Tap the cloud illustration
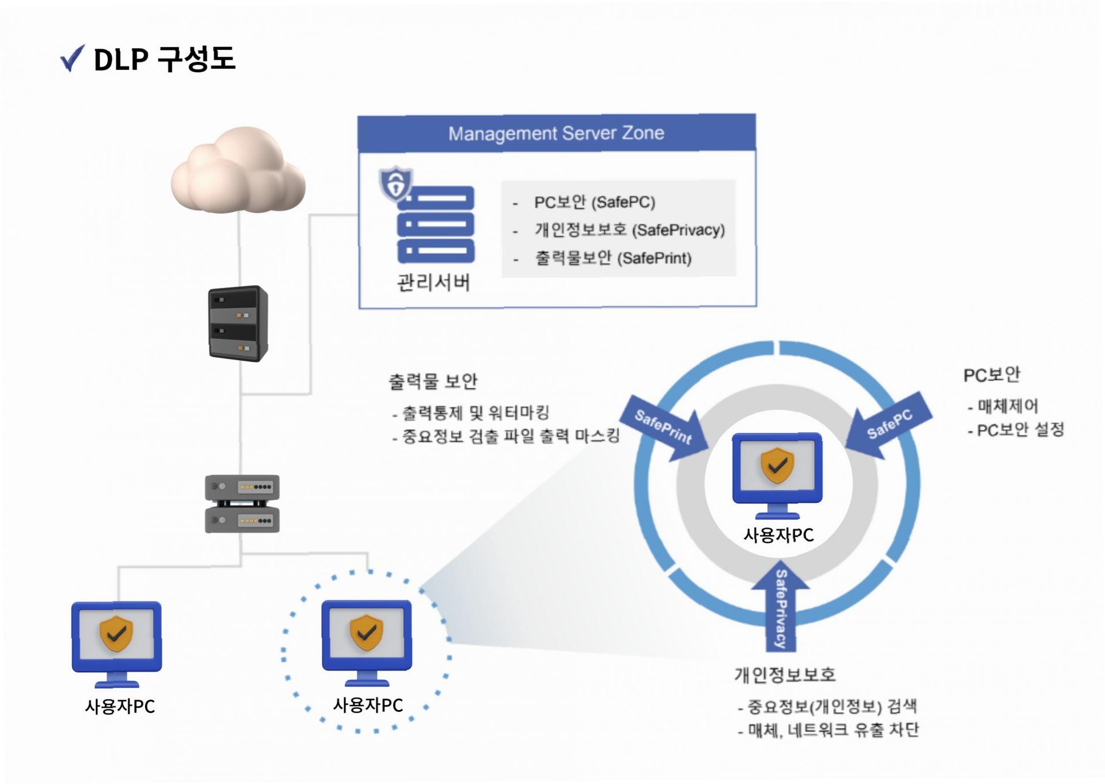click(238, 170)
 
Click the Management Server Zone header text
click(556, 133)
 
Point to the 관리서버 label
click(434, 282)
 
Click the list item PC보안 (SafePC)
click(594, 202)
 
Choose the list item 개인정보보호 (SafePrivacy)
click(629, 230)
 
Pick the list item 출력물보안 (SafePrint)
click(613, 258)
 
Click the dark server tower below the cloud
click(238, 323)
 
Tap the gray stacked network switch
click(242, 504)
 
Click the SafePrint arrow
click(665, 428)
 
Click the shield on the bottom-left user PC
click(116, 634)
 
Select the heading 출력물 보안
click(433, 381)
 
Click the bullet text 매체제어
click(1007, 406)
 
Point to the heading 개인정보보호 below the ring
click(784, 675)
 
